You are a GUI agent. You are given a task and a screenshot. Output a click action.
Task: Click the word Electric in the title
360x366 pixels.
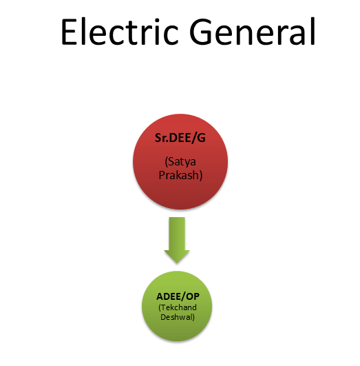[x=120, y=31]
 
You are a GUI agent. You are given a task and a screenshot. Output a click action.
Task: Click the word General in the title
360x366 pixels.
[x=253, y=31]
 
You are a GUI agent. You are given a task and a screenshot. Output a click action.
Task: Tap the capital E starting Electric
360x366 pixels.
[x=69, y=32]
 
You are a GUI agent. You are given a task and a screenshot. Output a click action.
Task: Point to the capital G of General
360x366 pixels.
[x=200, y=32]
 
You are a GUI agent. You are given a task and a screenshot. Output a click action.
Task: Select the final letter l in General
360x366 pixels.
[x=313, y=31]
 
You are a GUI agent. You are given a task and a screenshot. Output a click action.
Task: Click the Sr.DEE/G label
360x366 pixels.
[x=180, y=138]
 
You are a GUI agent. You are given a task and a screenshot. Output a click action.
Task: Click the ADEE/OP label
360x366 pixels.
[x=178, y=296]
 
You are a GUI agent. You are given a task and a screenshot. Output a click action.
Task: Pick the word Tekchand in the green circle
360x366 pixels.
[x=178, y=307]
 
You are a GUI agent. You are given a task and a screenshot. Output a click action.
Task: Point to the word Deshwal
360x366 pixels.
[x=176, y=317]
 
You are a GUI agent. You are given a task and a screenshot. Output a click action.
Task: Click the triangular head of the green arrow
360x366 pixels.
[x=177, y=256]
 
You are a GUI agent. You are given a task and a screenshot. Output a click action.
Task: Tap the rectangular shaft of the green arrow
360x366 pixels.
[x=177, y=234]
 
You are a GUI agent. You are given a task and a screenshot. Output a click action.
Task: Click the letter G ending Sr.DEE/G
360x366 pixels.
[x=202, y=138]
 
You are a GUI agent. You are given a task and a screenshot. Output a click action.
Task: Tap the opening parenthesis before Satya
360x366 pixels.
[x=167, y=162]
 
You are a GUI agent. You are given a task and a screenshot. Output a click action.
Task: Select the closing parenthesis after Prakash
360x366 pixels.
[x=200, y=176]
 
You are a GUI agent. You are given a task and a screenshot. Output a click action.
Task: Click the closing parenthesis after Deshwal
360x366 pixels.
[x=193, y=317]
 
